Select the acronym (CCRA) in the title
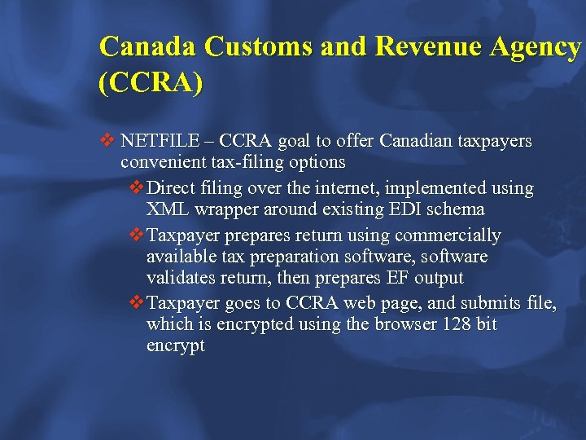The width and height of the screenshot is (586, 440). [x=151, y=84]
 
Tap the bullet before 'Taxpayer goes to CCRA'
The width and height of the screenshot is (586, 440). [x=136, y=304]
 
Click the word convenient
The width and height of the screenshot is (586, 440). [x=159, y=162]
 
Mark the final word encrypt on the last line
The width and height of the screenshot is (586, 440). [x=175, y=345]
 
